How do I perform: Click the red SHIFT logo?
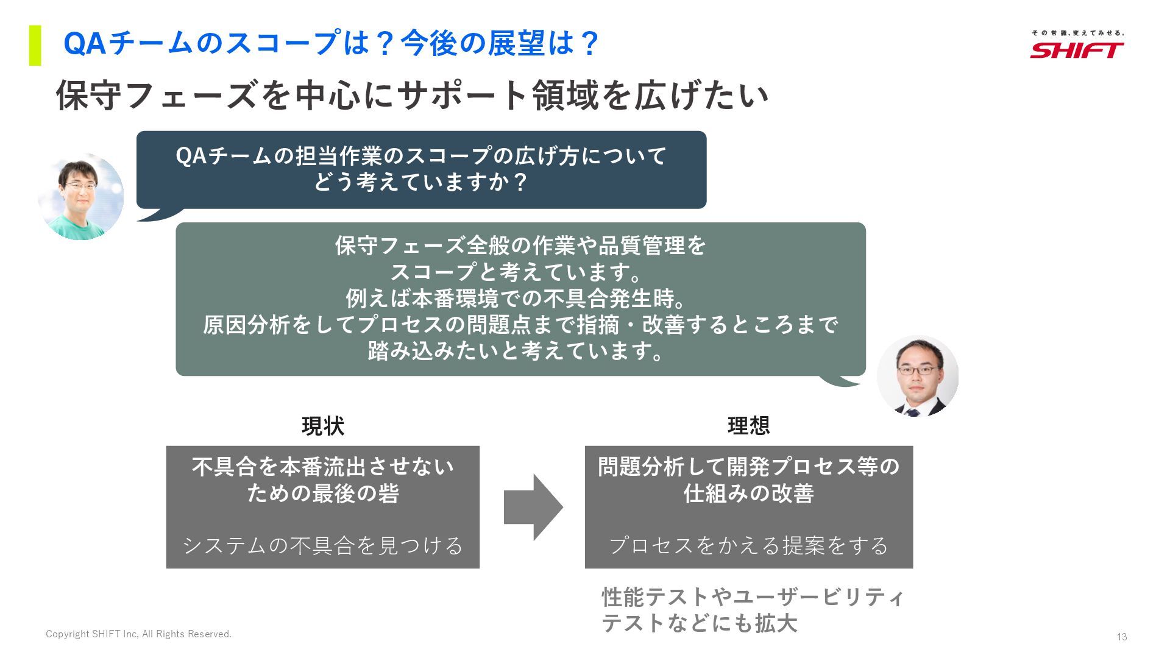point(1077,50)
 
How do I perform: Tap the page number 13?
point(1122,637)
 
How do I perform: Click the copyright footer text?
point(138,634)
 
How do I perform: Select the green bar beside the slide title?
point(35,45)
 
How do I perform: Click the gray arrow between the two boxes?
point(533,507)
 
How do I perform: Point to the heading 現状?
point(323,426)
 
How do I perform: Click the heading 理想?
point(748,425)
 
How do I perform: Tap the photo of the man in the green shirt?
point(80,197)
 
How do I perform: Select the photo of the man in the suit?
point(917,375)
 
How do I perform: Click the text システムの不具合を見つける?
point(323,545)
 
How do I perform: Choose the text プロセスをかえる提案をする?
point(748,545)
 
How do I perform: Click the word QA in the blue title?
point(85,44)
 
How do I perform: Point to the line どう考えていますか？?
point(420,182)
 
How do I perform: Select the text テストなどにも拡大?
point(699,623)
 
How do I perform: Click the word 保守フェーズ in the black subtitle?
point(157,96)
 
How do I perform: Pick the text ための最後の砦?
point(323,493)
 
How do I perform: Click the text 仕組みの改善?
point(748,493)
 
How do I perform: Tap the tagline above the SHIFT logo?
point(1077,33)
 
